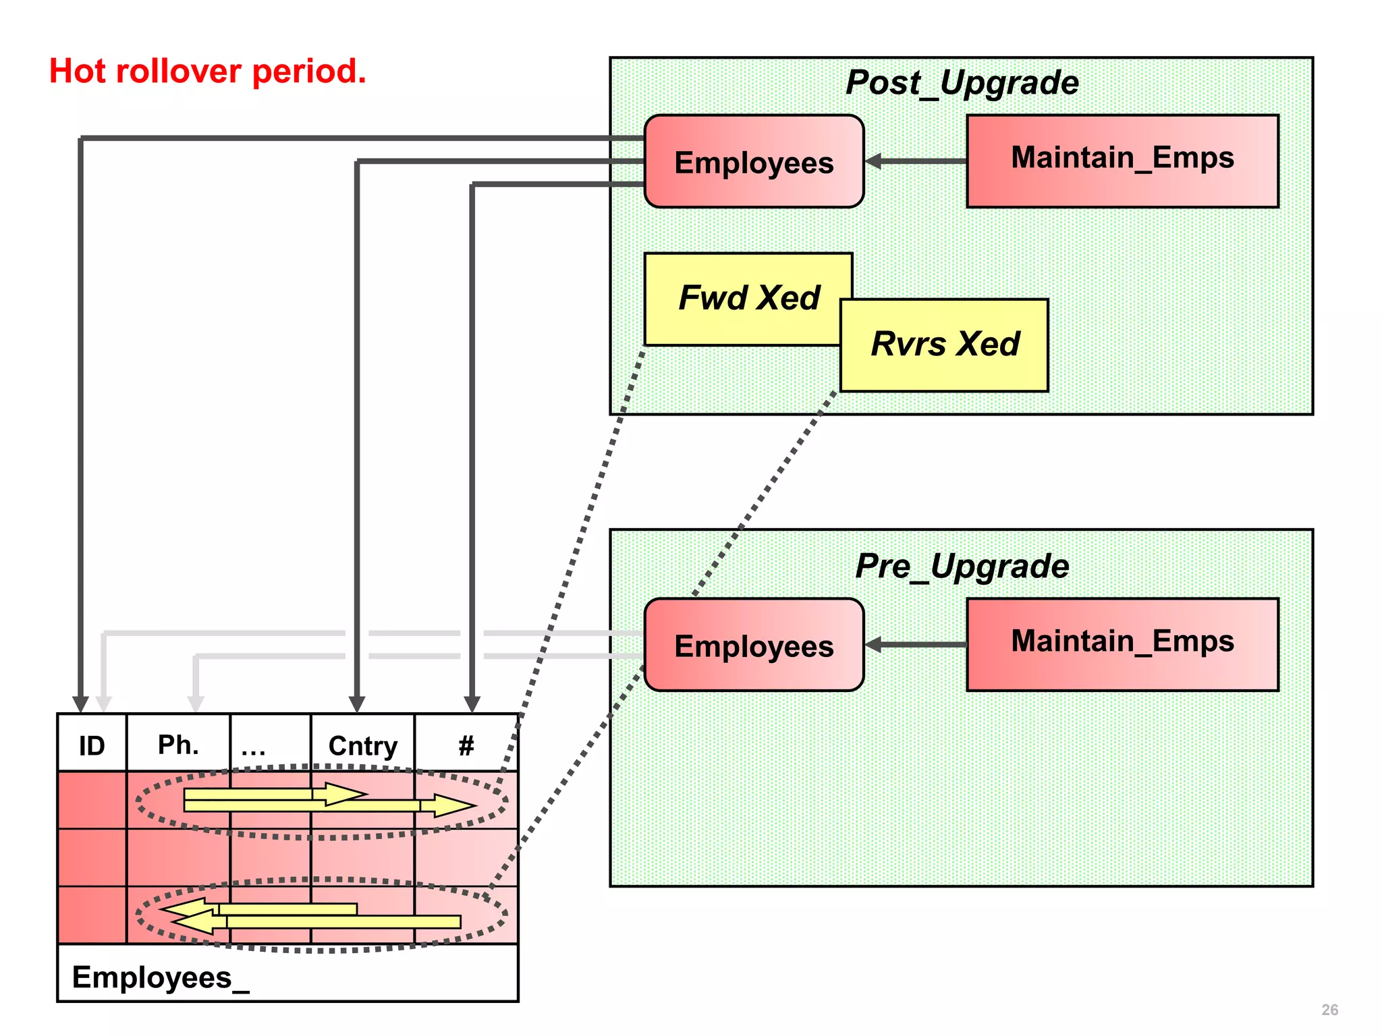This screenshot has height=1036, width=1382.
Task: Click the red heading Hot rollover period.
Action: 207,71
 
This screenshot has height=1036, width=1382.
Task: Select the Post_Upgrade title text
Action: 962,83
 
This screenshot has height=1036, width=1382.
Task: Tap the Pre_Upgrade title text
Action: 962,566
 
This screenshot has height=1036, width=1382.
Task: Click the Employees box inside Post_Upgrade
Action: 754,162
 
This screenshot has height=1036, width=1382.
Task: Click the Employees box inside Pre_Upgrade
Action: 754,645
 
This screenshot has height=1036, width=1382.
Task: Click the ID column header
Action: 92,745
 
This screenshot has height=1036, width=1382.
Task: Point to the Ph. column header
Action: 178,745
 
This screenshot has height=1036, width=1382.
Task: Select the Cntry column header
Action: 362,745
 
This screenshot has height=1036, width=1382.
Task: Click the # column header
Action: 466,745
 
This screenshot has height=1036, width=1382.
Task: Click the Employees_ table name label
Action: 161,977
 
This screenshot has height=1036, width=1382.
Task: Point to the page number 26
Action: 1329,1010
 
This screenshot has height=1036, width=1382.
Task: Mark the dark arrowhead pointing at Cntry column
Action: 357,703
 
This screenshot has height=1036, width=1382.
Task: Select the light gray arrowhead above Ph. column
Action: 196,703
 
